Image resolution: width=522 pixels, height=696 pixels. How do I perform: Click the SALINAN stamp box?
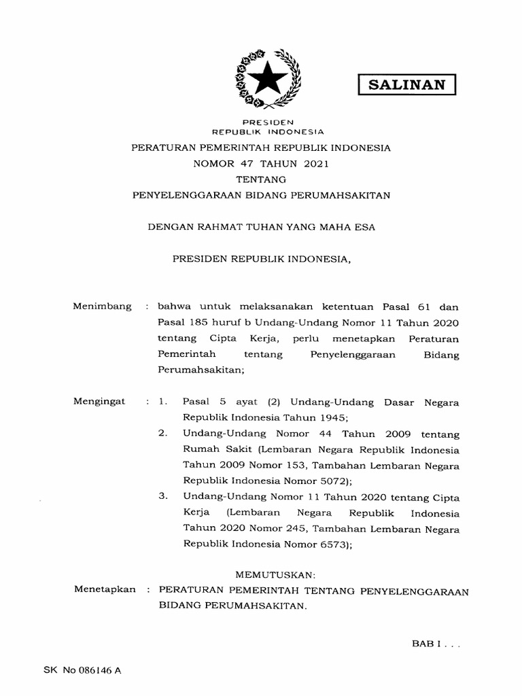(406, 84)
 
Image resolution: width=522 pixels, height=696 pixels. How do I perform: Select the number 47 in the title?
(245, 163)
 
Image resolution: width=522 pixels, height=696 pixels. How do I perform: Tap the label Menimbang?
(102, 307)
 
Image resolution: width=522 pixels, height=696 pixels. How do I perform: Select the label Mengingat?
(100, 402)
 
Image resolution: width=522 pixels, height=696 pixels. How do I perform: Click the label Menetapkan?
(105, 589)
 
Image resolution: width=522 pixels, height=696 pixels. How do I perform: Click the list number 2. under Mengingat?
(162, 433)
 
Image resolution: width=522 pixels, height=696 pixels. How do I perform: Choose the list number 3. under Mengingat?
(162, 496)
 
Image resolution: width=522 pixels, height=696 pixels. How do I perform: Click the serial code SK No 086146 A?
(82, 670)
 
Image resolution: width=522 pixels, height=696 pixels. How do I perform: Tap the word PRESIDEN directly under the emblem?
(262, 122)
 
